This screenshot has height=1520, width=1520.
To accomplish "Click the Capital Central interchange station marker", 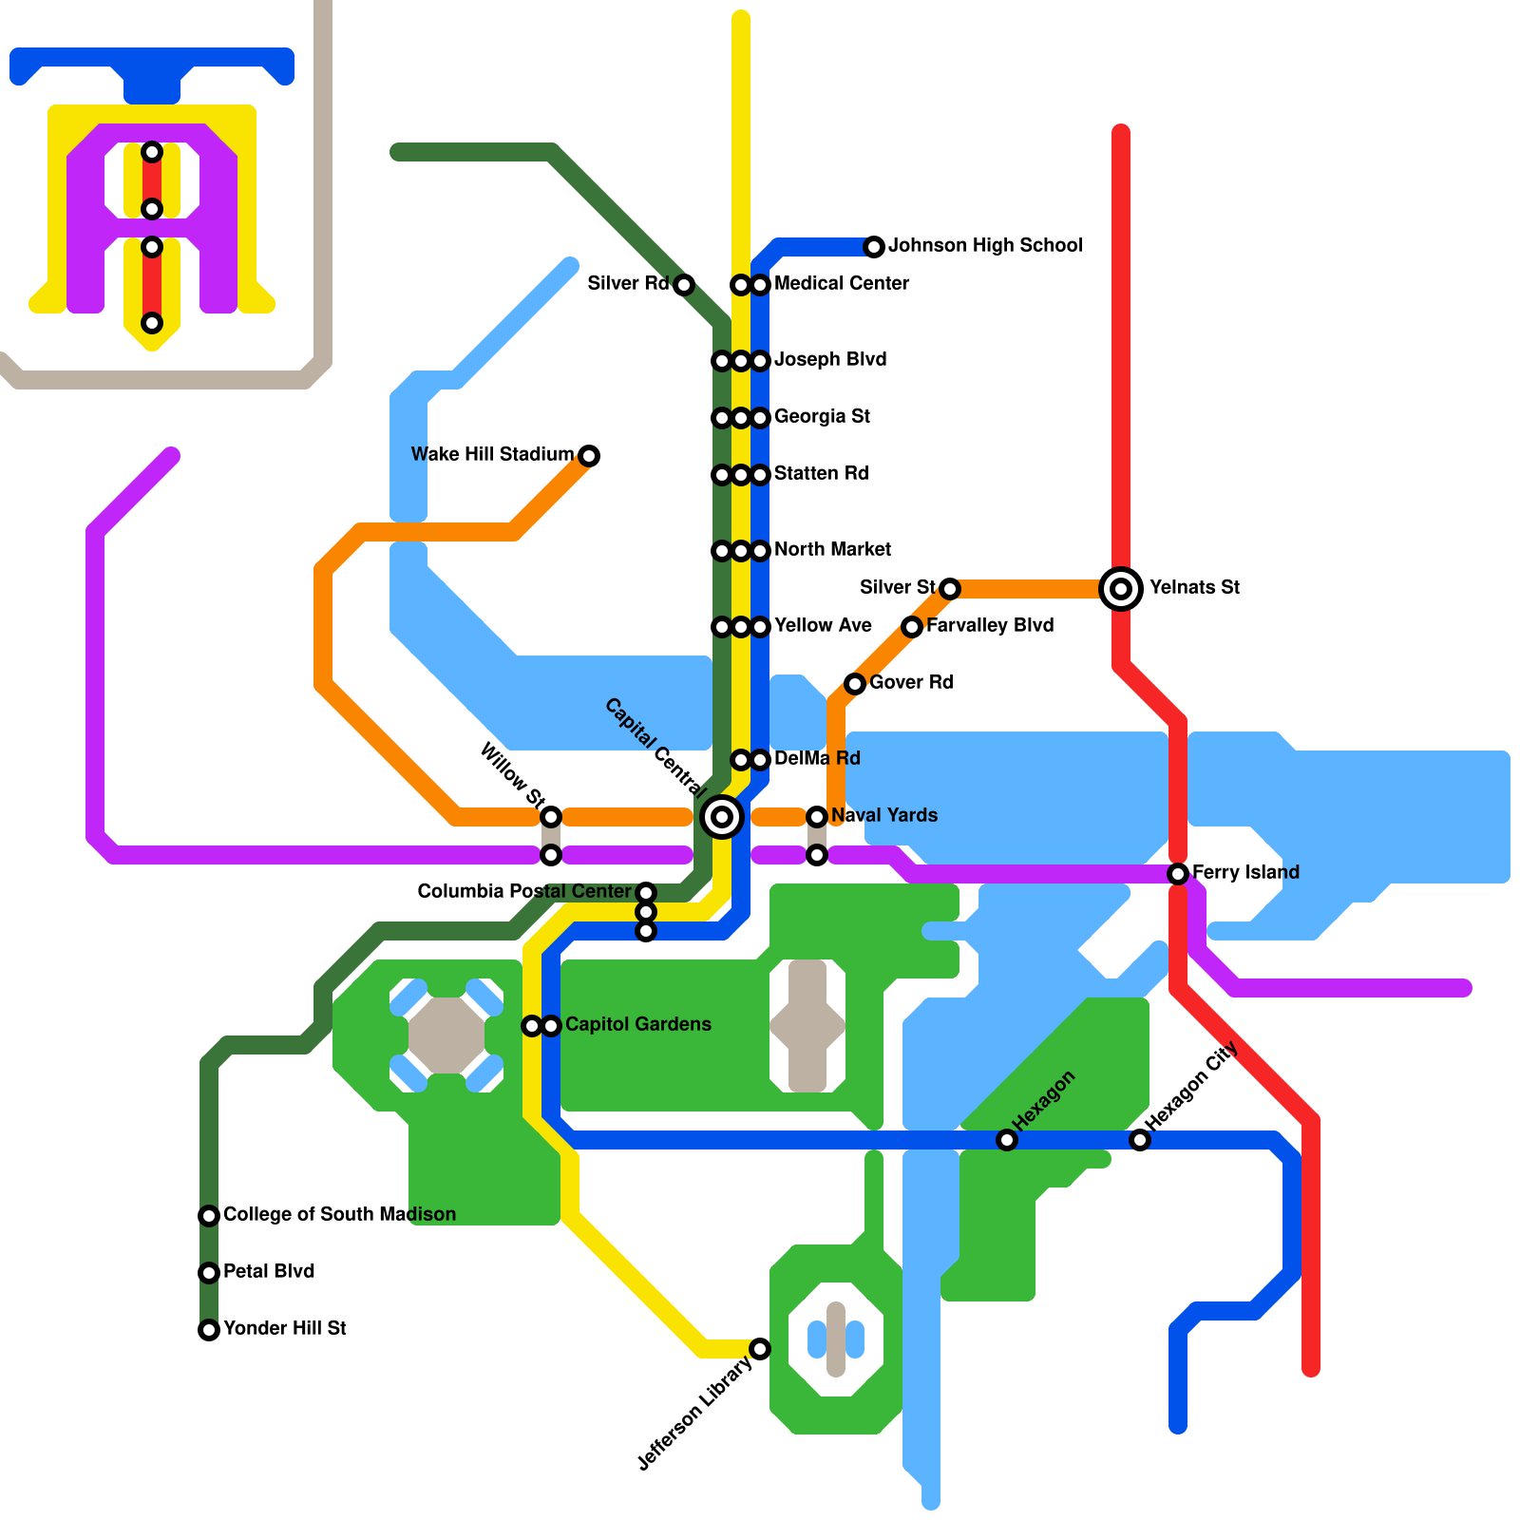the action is [722, 816].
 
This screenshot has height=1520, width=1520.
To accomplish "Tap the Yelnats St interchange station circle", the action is [1121, 588].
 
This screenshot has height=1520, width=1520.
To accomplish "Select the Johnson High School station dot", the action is [874, 247].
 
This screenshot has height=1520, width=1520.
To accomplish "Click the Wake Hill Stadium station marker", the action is [589, 456].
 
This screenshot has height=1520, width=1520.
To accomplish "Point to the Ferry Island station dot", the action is [1178, 873].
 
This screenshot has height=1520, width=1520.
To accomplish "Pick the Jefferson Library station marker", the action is [760, 1348].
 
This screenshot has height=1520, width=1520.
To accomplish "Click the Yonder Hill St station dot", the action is [209, 1330].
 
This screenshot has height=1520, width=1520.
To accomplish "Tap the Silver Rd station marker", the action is [684, 285].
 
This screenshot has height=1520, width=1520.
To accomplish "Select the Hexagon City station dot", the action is [1140, 1140].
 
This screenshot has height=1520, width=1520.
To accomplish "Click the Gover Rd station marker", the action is [855, 684].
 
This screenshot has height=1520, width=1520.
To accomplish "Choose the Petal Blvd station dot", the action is [209, 1273].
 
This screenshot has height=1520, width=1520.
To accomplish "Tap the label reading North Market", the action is [832, 550].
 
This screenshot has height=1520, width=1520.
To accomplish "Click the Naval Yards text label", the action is [883, 816].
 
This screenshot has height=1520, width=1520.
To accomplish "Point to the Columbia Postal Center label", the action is [524, 892].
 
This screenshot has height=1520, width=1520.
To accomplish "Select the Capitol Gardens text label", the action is [637, 1025].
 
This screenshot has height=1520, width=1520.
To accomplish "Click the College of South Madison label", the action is [339, 1215].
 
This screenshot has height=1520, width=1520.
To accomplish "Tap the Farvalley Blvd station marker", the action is [912, 627].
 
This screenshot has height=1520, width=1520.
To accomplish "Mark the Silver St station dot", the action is [950, 589].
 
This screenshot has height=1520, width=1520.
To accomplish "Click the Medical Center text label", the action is [842, 284].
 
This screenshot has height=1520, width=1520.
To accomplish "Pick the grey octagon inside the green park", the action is [446, 1035].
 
